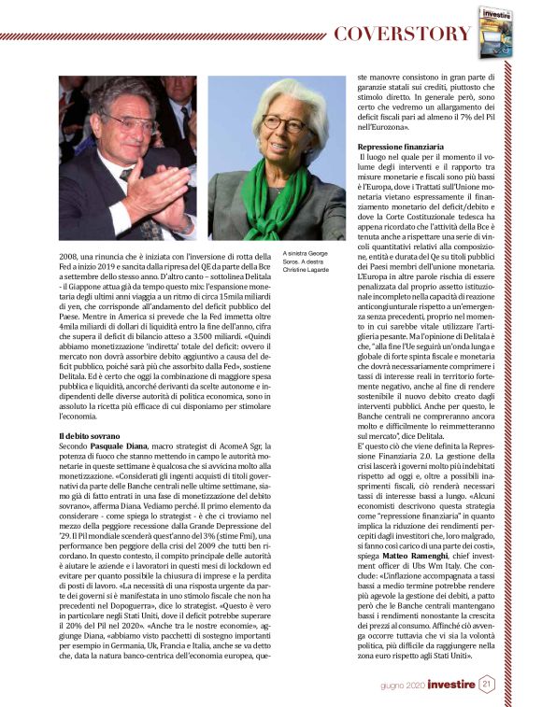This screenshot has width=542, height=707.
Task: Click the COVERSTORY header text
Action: click(403, 35)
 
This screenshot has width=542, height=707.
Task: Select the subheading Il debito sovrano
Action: click(90, 436)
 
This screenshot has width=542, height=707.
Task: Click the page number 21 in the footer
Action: click(487, 684)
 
